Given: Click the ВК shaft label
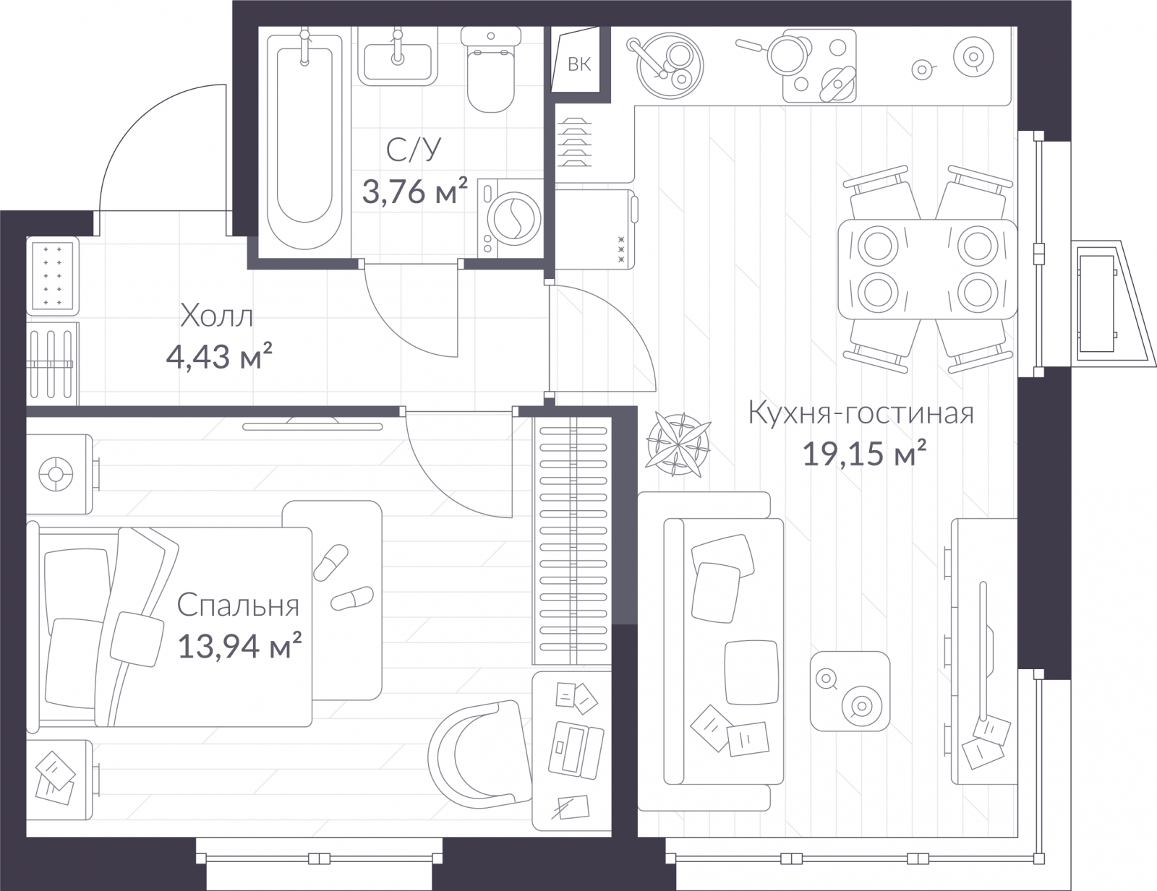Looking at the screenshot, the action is pos(578,64).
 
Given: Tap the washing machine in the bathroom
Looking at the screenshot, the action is pos(510,218).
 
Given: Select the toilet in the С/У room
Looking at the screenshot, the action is pos(491,69).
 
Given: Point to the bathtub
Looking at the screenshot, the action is pos(304,140).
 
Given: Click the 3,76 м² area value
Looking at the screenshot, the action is pos(415,191).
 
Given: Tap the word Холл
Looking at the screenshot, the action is pos(216,316).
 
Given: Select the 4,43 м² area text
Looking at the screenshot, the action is pos(219,356).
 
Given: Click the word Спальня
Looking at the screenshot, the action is pos(238,606).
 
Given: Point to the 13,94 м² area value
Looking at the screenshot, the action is pos(239,646).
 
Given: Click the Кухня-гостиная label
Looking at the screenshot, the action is pos(861,414).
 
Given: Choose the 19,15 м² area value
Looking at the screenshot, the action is pos(864,454).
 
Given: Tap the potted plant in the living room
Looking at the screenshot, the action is pos(678,444).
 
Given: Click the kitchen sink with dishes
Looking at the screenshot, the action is pos(669,66).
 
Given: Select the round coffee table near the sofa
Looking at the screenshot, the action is pos(850,691).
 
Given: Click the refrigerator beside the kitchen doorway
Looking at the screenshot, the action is pos(596,229).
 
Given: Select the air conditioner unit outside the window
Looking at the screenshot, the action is pos(1098,304).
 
